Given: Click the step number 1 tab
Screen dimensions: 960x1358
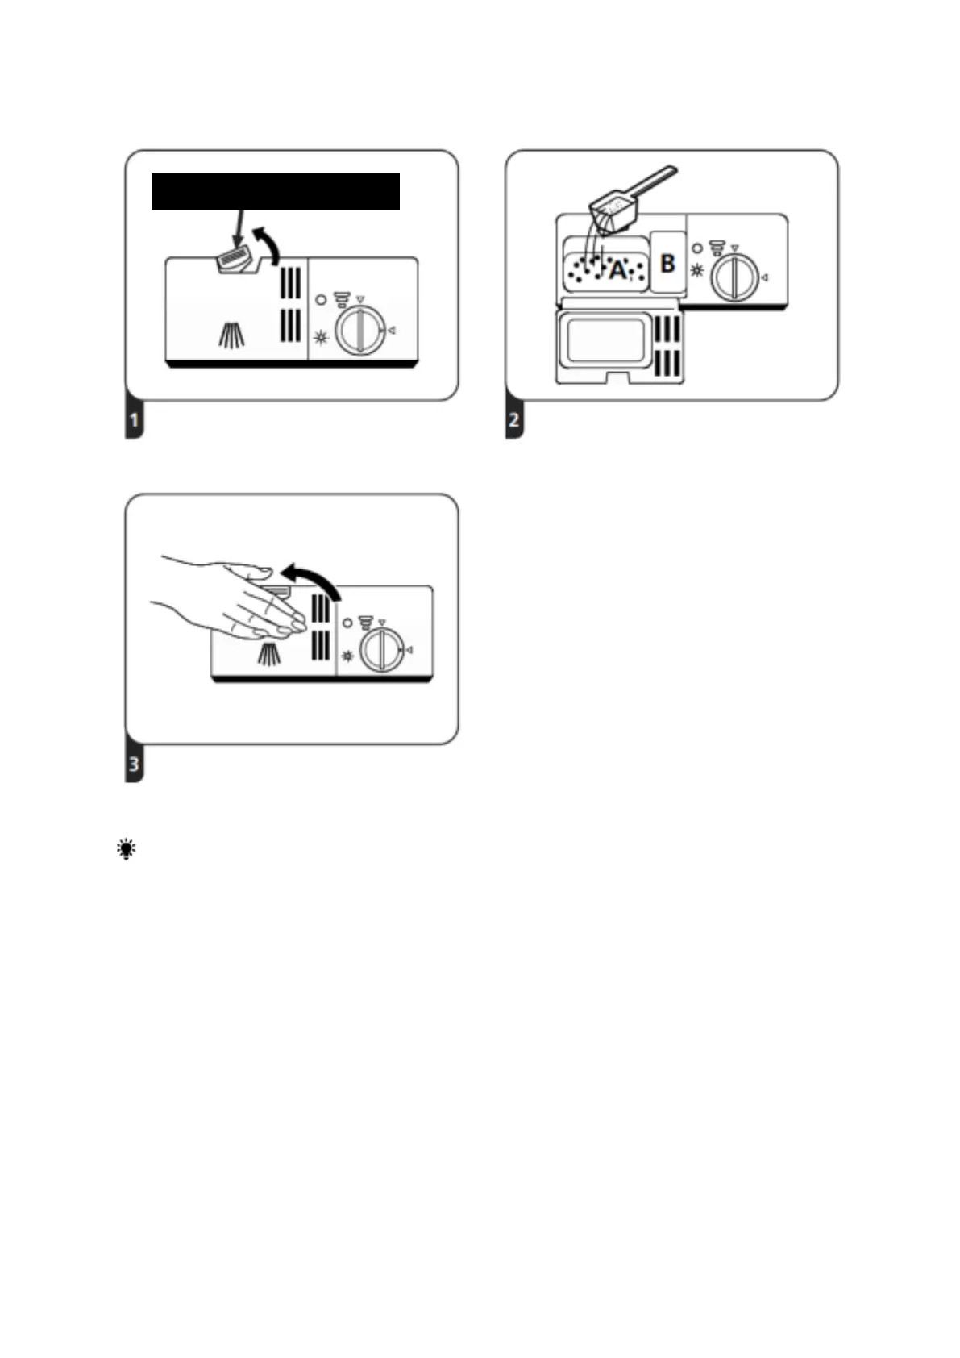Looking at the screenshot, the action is (134, 420).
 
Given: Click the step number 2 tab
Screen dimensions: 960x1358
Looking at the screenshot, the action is (514, 420).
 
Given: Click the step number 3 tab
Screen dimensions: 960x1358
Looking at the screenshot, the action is (134, 764).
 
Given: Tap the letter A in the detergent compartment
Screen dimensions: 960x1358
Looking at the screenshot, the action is (617, 270).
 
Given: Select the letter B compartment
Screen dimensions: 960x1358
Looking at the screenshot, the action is (667, 263).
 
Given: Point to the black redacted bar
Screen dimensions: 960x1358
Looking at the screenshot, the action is (276, 191).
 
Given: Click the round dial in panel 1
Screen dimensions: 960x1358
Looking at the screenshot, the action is (359, 331).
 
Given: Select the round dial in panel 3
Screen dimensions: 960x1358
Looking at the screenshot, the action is (382, 650).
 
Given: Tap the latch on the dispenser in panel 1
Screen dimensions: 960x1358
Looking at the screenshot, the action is (234, 260).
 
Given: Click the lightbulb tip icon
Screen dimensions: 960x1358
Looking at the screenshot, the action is (127, 849).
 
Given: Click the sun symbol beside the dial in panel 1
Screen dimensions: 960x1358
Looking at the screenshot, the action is (321, 337).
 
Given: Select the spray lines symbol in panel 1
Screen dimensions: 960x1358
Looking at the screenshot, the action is (232, 335).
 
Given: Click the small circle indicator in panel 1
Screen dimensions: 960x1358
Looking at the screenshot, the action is (321, 300).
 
